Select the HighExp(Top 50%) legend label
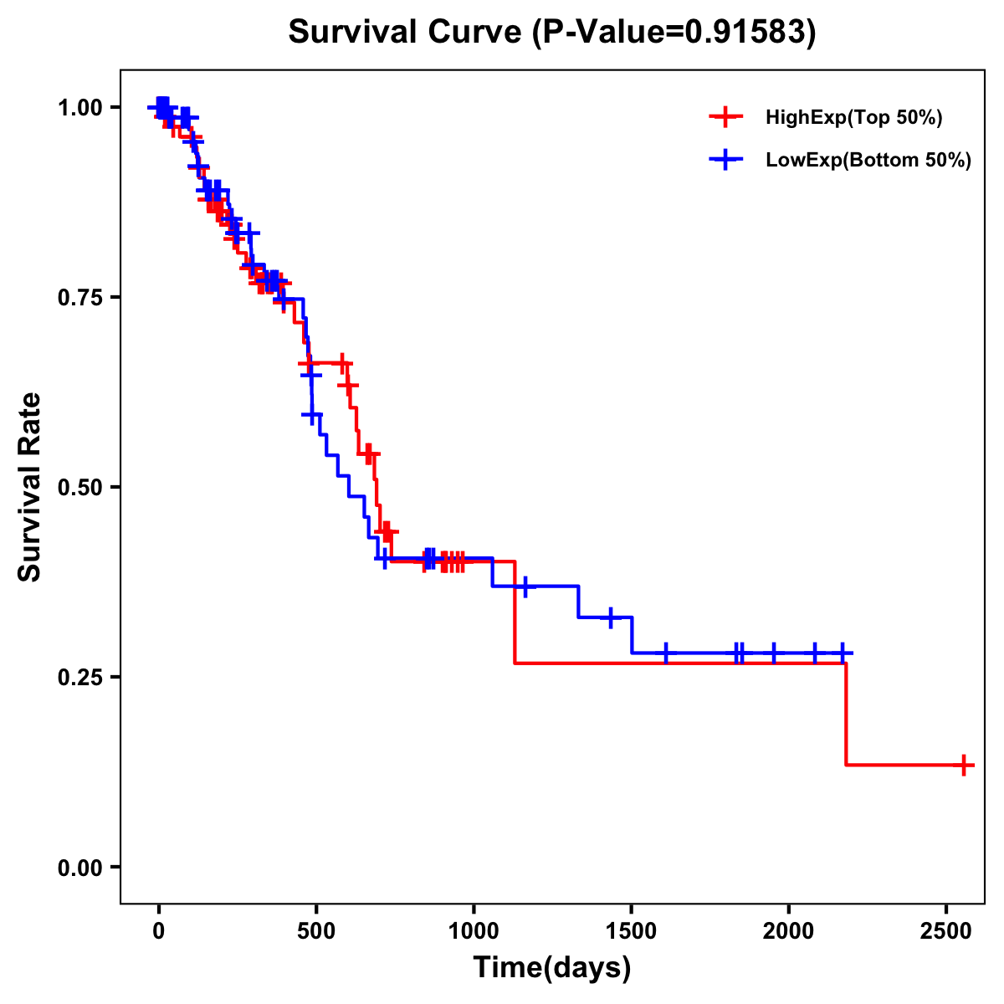click(854, 118)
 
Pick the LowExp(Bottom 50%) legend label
click(868, 161)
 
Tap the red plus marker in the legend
click(725, 118)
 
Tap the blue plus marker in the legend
click(725, 161)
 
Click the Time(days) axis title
click(551, 968)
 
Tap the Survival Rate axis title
click(30, 487)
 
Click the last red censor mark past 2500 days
click(964, 765)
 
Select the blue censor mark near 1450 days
click(611, 617)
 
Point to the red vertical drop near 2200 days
click(846, 714)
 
